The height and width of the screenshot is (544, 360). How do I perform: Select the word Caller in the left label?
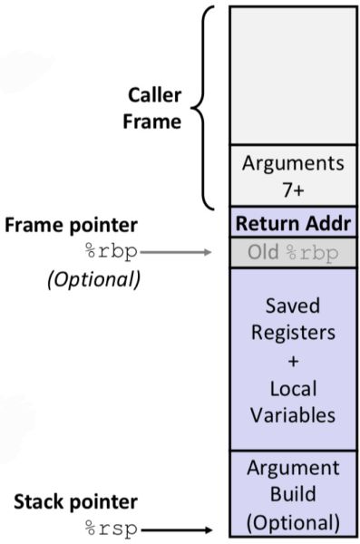point(153,96)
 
